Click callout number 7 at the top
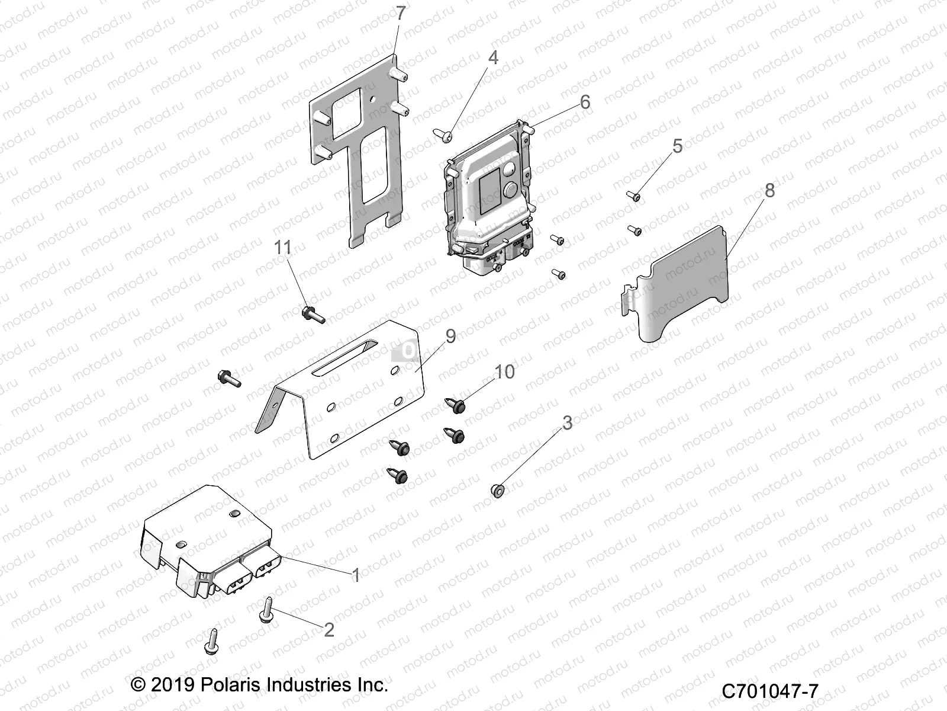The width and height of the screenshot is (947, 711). click(x=401, y=13)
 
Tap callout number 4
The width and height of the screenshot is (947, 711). click(x=492, y=57)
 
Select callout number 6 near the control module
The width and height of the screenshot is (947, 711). click(x=585, y=102)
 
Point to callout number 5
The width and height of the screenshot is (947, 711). click(x=677, y=146)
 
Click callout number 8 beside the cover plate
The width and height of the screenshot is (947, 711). click(x=769, y=190)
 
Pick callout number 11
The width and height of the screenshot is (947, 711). click(x=283, y=247)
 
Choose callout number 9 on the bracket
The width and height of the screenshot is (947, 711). click(x=450, y=336)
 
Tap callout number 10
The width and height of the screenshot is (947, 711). click(x=504, y=372)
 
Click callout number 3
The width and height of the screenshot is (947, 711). click(x=567, y=423)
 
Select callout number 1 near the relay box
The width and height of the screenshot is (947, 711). click(x=356, y=575)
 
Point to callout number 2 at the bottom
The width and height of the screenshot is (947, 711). click(x=329, y=629)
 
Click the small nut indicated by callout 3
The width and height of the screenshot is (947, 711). click(x=497, y=490)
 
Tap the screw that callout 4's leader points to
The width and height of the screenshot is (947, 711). click(x=442, y=135)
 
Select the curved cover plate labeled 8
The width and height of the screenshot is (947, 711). click(x=681, y=284)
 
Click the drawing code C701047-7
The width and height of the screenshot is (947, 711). click(x=769, y=691)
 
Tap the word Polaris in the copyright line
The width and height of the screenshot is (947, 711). click(x=228, y=685)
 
